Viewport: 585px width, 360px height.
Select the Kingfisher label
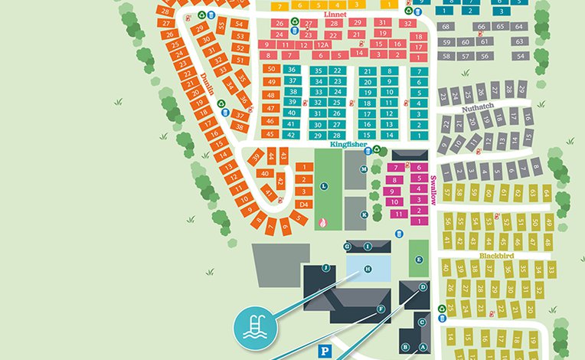(348, 144)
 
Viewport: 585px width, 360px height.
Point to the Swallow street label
(433, 190)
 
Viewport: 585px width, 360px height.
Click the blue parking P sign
(325, 352)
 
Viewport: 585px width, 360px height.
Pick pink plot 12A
(323, 45)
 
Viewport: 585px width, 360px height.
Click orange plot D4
(304, 204)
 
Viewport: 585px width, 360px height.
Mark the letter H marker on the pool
(368, 269)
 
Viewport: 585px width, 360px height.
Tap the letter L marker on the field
(324, 185)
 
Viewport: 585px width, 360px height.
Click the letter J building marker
(325, 267)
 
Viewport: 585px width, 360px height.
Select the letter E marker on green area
(418, 260)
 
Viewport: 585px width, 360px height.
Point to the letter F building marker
(381, 309)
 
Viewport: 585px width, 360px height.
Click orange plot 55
(221, 25)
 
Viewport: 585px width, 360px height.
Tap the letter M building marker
(364, 169)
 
